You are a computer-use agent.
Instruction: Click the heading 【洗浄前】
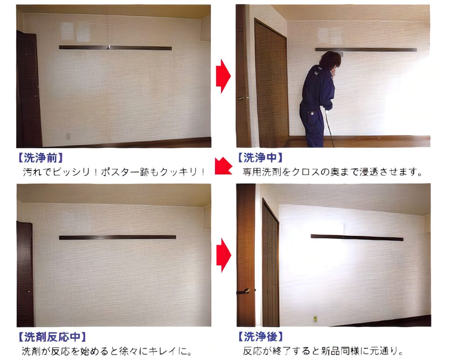(x=40, y=157)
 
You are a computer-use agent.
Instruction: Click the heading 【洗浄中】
(x=260, y=157)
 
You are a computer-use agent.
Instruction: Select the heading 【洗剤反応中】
(x=52, y=337)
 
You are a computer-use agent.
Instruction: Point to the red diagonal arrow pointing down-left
(x=223, y=166)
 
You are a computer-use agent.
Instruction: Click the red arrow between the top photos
(x=223, y=76)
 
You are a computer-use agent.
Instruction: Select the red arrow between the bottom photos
(x=224, y=255)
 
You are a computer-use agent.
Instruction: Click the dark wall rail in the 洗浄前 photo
(x=115, y=48)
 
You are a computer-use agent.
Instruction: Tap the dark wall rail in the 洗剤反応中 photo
(x=118, y=237)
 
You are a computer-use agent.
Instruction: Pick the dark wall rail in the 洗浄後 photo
(x=357, y=237)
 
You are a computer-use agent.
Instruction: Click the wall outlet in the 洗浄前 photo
(x=68, y=136)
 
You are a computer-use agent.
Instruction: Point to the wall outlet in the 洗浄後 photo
(x=315, y=319)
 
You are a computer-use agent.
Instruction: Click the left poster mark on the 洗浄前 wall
(x=68, y=31)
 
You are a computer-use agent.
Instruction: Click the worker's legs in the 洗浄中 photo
(x=312, y=126)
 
